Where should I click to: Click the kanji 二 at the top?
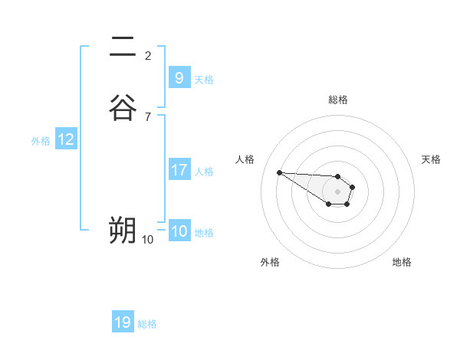[x=123, y=47]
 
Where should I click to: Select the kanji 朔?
[x=123, y=230]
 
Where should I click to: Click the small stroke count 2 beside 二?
[x=148, y=55]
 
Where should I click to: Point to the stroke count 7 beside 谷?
[x=148, y=116]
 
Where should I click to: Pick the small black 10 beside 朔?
[x=148, y=240]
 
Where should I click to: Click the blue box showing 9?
[x=179, y=77]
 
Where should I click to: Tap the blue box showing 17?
[x=179, y=170]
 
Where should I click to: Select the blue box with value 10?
[x=179, y=231]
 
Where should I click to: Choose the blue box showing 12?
[x=66, y=139]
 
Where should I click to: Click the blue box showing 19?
[x=123, y=322]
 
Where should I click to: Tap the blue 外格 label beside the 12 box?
[x=41, y=141]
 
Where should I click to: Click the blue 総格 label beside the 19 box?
[x=147, y=324]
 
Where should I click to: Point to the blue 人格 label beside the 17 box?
[x=205, y=172]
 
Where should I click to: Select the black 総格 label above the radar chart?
[x=338, y=100]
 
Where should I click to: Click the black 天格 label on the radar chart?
[x=431, y=159]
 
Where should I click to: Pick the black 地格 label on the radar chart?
[x=402, y=262]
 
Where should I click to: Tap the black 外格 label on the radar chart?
[x=270, y=262]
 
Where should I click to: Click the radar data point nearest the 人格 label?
[x=279, y=172]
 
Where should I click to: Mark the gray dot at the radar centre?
[x=337, y=191]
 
